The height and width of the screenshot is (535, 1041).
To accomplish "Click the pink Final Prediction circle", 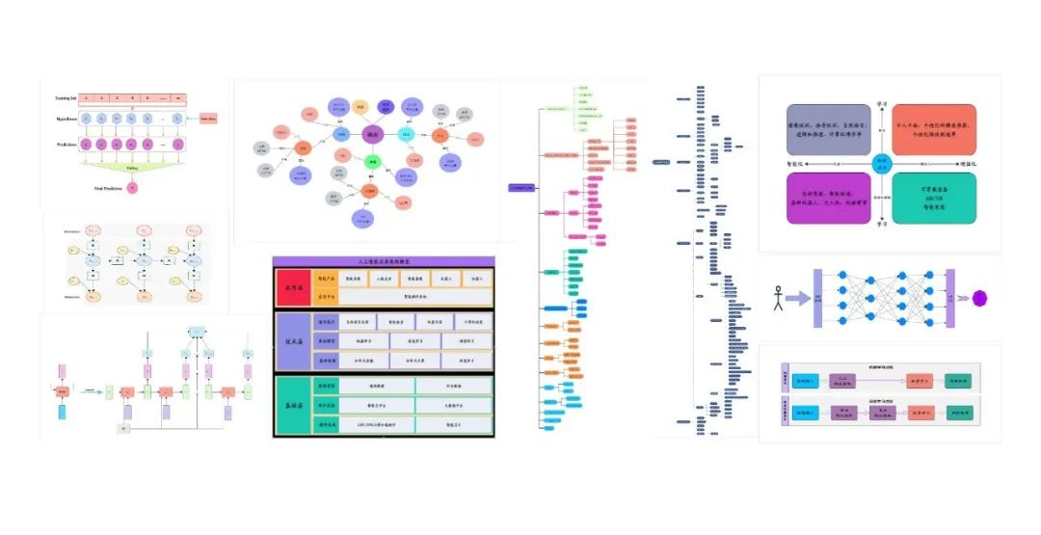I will (132, 186).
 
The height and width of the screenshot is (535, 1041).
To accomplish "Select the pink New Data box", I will (209, 119).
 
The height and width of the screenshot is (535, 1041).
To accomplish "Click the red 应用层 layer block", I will (290, 286).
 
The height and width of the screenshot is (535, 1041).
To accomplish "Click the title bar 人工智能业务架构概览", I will (384, 260).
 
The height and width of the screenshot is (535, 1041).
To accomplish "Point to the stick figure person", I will (778, 298).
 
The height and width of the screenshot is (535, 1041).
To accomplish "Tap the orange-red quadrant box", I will (933, 130).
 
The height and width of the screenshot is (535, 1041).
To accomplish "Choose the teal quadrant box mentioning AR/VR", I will (933, 198).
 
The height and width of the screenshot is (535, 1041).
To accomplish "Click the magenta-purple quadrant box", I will (825, 198).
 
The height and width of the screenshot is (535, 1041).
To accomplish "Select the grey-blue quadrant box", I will (825, 130).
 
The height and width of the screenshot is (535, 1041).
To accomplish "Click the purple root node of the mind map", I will (520, 186).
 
